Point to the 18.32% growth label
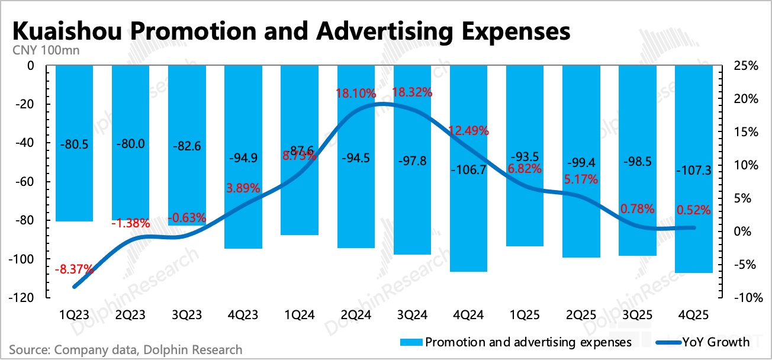click(x=412, y=93)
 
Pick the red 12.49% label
click(x=468, y=131)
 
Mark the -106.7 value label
click(x=468, y=170)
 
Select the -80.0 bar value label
click(x=130, y=143)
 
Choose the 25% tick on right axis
click(x=745, y=66)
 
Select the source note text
click(x=126, y=349)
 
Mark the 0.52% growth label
click(x=694, y=209)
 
